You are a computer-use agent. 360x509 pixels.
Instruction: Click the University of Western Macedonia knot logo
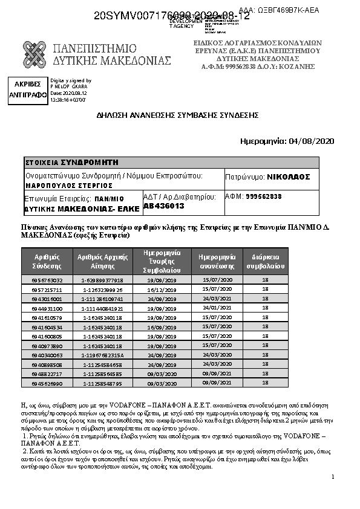pyautogui.click(x=34, y=54)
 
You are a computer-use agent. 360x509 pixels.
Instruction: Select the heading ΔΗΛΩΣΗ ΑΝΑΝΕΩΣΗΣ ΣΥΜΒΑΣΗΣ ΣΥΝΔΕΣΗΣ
pyautogui.click(x=178, y=115)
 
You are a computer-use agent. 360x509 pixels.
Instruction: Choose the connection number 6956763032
pyautogui.click(x=47, y=280)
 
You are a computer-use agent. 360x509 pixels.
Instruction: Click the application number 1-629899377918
pyautogui.click(x=103, y=280)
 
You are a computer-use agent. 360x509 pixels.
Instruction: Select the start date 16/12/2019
pyautogui.click(x=162, y=290)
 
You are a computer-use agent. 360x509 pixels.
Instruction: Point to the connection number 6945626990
pyautogui.click(x=47, y=383)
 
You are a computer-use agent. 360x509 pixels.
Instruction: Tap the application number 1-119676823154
pyautogui.click(x=103, y=355)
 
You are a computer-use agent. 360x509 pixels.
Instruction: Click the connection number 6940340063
pyautogui.click(x=47, y=355)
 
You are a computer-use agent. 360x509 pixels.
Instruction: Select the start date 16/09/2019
pyautogui.click(x=162, y=327)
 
